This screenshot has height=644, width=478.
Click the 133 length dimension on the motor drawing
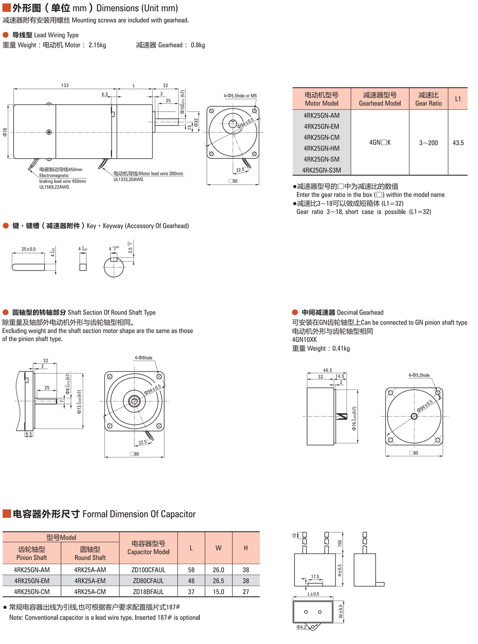click(65, 85)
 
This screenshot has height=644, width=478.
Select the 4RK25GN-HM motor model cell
click(321, 148)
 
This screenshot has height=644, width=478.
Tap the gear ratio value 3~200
click(428, 143)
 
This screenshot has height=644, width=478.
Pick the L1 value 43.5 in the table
click(458, 143)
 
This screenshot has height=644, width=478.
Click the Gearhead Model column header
click(379, 99)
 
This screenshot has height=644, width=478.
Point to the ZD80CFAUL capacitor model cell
click(148, 581)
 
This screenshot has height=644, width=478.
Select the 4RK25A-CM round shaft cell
click(90, 592)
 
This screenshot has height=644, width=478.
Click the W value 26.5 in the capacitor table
click(218, 581)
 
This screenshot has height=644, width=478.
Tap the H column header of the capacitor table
click(246, 548)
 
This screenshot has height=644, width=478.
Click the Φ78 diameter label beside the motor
click(5, 132)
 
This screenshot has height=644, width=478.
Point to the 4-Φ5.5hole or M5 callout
click(240, 96)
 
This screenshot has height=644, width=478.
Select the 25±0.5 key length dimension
click(29, 249)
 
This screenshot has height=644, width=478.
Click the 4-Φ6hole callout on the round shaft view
click(143, 358)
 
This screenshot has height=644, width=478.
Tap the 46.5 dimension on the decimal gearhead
click(327, 370)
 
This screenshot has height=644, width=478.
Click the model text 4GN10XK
click(304, 340)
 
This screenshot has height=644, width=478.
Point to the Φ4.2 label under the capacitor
click(301, 627)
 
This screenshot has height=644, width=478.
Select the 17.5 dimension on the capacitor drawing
click(315, 577)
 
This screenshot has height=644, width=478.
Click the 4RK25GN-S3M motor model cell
click(321, 170)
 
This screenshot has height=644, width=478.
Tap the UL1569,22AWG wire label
click(54, 187)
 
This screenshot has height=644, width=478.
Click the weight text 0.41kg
click(341, 349)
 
